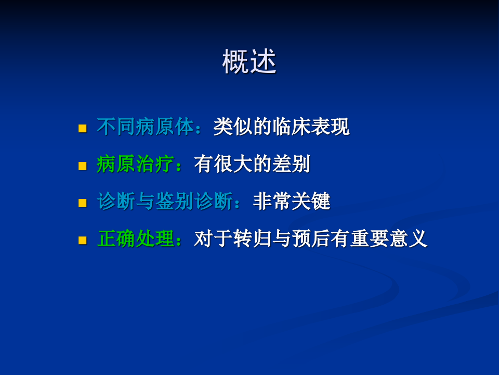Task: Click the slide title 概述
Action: pyautogui.click(x=249, y=62)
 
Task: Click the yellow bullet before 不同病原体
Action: pyautogui.click(x=82, y=128)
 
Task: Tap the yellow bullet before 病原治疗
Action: pyautogui.click(x=82, y=166)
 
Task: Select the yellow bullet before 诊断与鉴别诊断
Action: pyautogui.click(x=82, y=203)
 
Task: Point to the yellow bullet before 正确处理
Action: pyautogui.click(x=82, y=241)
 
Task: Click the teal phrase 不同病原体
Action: pyautogui.click(x=146, y=127)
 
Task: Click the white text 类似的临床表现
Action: pyautogui.click(x=281, y=127)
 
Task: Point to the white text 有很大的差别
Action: pyautogui.click(x=252, y=165)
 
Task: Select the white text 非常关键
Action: pyautogui.click(x=292, y=202)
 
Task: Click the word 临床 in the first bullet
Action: pyautogui.click(x=291, y=127)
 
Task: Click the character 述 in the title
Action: pyautogui.click(x=263, y=62)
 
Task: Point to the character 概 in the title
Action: pyautogui.click(x=236, y=62)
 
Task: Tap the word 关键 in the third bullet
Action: pyautogui.click(x=311, y=202)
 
